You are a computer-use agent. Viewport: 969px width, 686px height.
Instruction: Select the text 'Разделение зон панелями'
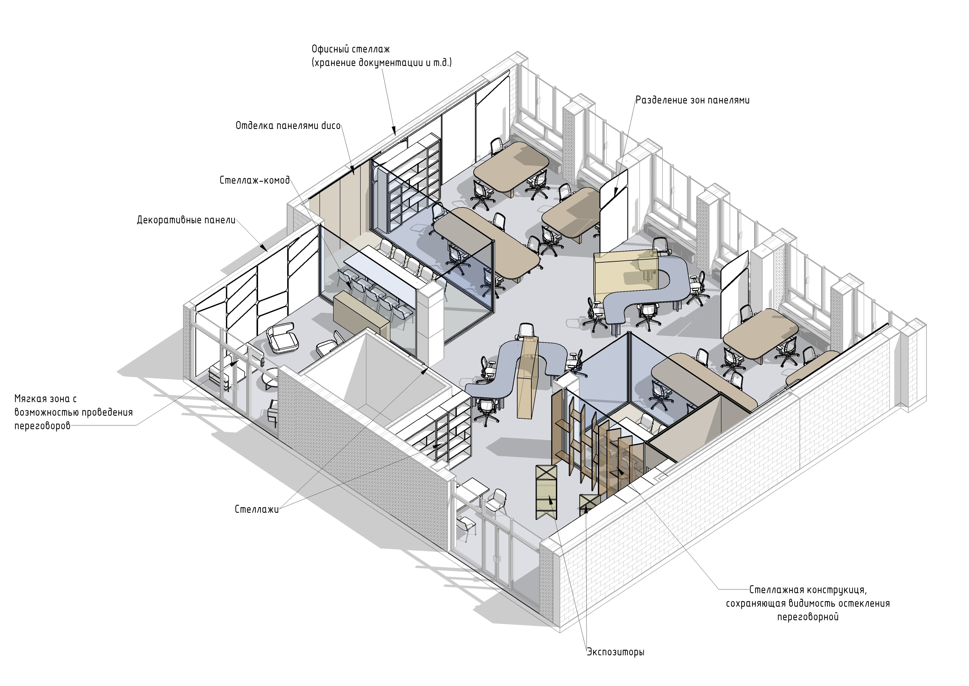click(x=693, y=101)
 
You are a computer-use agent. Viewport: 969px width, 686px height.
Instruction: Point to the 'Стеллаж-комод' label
click(x=255, y=180)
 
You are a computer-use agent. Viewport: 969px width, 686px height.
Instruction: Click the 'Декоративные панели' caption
click(x=186, y=220)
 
